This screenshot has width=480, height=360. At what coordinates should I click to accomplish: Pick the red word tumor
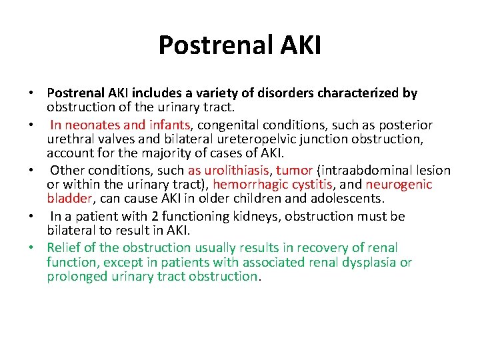294,170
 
